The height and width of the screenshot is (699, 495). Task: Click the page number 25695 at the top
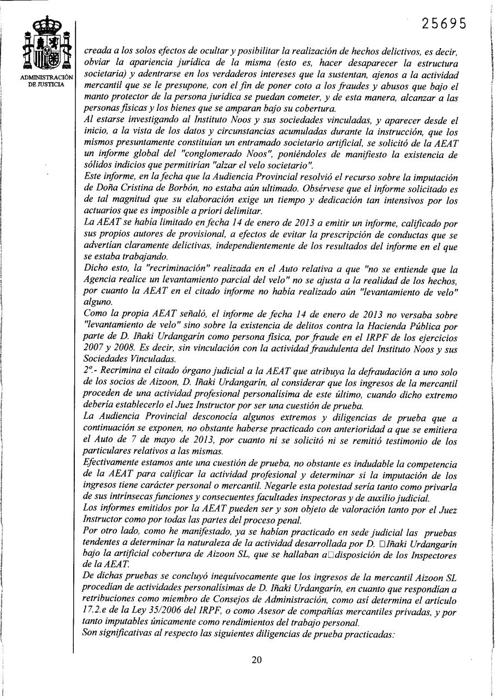444,24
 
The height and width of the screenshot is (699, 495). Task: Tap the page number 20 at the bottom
257,659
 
